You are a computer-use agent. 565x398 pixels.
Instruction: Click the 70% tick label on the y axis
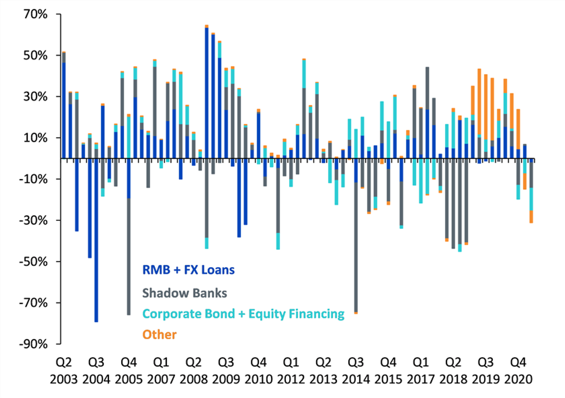pos(36,14)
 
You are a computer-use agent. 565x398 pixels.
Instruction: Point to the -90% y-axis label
pos(33,344)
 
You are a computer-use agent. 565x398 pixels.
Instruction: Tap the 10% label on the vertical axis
pos(36,138)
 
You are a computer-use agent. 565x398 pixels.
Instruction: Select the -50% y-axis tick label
pos(33,261)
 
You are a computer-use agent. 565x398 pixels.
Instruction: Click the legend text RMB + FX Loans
pos(189,270)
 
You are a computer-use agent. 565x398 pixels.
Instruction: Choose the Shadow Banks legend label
pos(185,293)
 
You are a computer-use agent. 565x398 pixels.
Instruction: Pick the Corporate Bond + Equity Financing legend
pos(243,314)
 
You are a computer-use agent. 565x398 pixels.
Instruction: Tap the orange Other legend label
pos(160,335)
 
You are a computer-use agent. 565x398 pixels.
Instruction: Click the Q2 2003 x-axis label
pos(64,371)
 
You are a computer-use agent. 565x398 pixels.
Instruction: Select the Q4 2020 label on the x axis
pos(518,371)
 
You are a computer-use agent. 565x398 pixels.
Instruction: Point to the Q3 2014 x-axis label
pos(356,371)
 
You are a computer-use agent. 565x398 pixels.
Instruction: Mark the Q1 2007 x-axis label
pos(161,371)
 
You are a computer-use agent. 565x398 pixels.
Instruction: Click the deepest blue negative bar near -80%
pos(97,240)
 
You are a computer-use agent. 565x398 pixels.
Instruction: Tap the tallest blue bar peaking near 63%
pos(207,93)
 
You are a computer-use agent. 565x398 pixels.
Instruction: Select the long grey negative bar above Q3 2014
pos(356,247)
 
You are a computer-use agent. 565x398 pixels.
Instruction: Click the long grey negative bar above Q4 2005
pos(129,257)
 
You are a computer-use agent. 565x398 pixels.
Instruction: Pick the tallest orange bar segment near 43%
pos(479,102)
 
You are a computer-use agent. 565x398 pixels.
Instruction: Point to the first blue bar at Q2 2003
pos(64,111)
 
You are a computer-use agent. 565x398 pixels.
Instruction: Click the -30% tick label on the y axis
pos(33,220)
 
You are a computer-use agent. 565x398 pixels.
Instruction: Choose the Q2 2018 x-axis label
pos(453,371)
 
